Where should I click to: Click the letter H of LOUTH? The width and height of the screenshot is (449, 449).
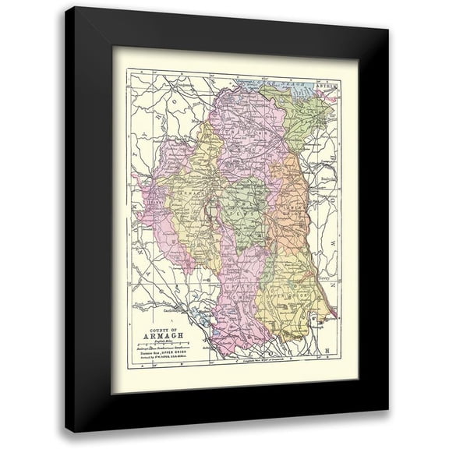(x=328, y=347)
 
